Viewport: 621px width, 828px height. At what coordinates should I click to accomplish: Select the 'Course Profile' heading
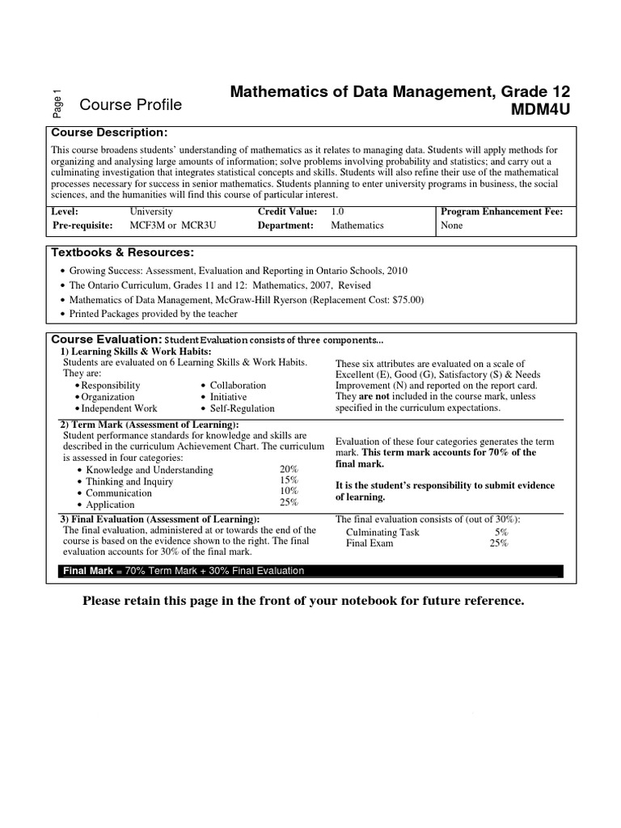(130, 105)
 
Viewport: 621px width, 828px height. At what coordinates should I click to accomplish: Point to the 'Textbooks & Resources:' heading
(123, 253)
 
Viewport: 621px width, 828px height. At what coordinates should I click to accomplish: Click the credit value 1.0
(337, 211)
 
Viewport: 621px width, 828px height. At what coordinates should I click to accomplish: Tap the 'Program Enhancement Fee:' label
(501, 211)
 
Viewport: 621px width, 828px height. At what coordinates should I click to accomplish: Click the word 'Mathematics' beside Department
(357, 226)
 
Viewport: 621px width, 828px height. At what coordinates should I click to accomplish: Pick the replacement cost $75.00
(403, 299)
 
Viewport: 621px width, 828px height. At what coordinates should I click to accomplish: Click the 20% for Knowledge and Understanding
(289, 470)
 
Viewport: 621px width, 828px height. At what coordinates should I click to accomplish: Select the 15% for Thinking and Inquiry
(289, 481)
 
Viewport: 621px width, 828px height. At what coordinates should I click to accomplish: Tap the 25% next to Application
(289, 502)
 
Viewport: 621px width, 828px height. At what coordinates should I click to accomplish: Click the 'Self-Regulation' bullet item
(243, 408)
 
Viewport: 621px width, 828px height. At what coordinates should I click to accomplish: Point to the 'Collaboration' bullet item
(238, 386)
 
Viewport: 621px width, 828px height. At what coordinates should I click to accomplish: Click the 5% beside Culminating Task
(501, 532)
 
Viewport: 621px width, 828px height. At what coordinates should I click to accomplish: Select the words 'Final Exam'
(370, 543)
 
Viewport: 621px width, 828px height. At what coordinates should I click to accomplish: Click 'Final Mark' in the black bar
(88, 571)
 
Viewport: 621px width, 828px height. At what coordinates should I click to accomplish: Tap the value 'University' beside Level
(151, 211)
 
